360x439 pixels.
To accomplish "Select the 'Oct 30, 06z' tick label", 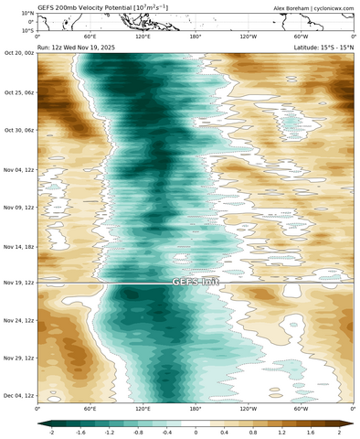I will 17,130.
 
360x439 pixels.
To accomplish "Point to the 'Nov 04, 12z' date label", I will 17,169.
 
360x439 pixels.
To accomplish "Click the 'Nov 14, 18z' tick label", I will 17,246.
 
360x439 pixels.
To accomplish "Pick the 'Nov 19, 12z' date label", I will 17,284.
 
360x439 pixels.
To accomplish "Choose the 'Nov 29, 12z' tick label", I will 17,358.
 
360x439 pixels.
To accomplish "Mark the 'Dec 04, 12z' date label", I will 17,395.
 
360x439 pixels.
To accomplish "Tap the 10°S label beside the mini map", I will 26,30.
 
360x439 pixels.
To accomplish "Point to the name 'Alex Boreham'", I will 288,7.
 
